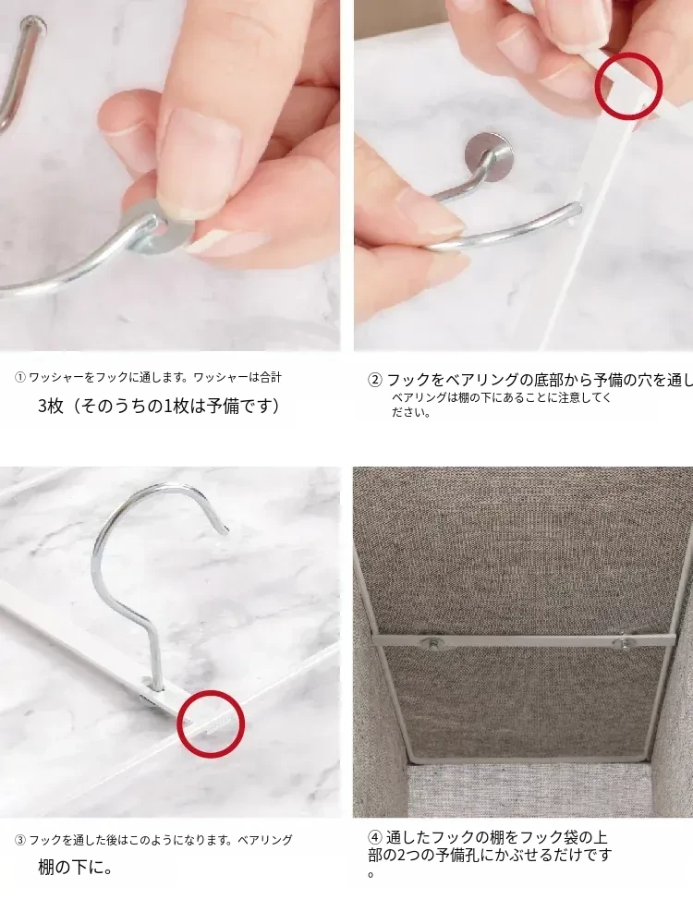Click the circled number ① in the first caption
click(20, 378)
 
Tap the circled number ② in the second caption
click(375, 380)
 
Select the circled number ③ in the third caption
click(20, 840)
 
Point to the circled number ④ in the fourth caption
click(375, 837)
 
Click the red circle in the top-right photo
click(628, 85)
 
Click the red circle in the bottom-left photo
click(211, 723)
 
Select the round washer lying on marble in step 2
click(489, 152)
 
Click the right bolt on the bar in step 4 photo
click(625, 642)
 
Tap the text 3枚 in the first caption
click(51, 406)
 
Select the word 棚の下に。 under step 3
click(76, 868)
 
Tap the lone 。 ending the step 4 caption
click(371, 874)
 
